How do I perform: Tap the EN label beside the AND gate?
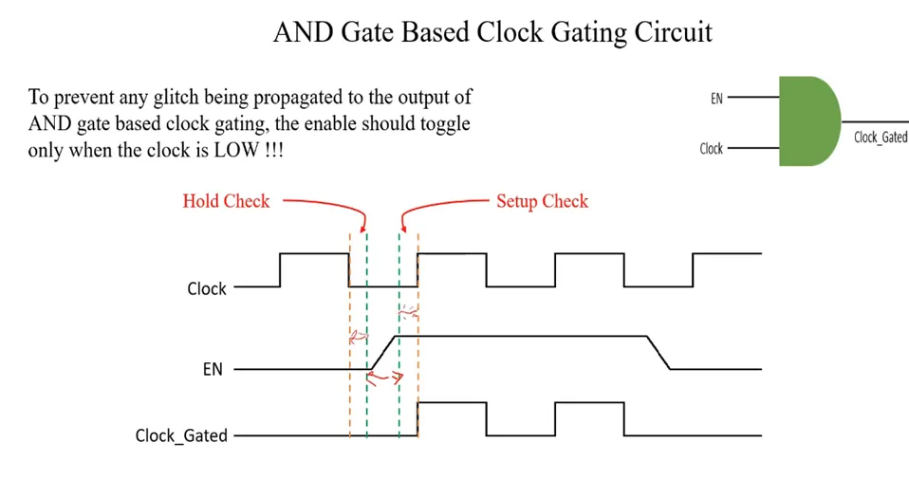pos(716,98)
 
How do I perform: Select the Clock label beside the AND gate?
pos(711,149)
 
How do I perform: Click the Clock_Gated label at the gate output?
pos(880,138)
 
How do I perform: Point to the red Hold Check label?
pos(226,201)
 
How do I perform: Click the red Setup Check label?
pos(542,201)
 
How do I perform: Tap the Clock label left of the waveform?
pos(206,288)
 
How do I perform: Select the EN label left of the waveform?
pos(213,369)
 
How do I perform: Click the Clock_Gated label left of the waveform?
pos(181,435)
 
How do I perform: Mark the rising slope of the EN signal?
pos(381,352)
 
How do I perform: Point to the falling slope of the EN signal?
pos(659,352)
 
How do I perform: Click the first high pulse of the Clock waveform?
pos(314,254)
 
